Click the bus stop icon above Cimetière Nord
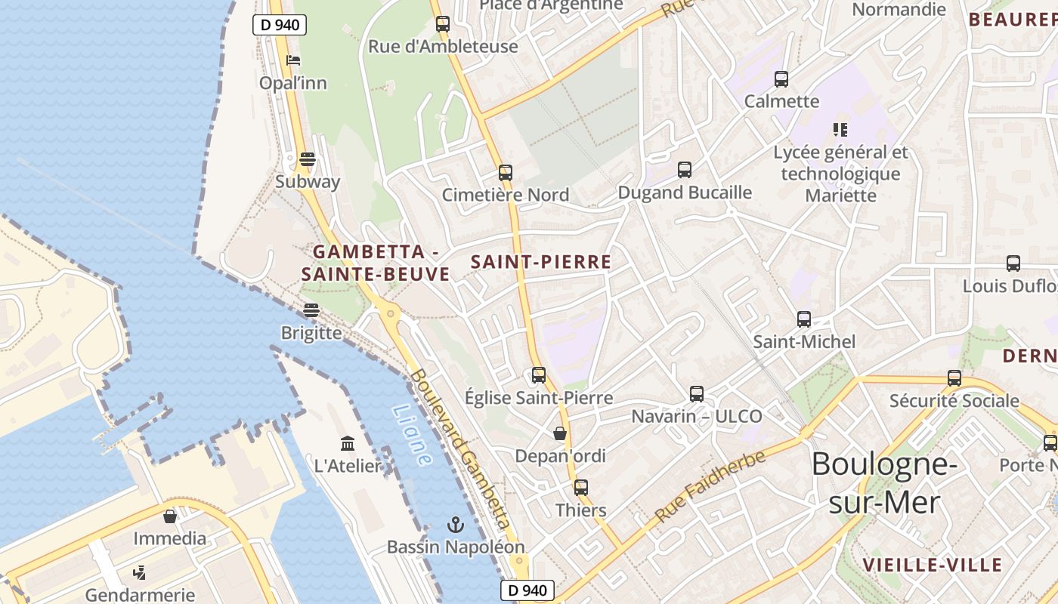pos(506,173)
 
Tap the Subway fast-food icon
pos(308,159)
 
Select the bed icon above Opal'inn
pos(293,60)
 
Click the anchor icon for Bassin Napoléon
pos(455,524)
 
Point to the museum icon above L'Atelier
pos(348,443)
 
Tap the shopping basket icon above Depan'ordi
pos(560,433)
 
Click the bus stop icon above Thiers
pos(580,488)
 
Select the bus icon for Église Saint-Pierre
pos(539,374)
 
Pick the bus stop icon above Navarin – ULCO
pos(697,393)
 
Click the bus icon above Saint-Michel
pos(804,319)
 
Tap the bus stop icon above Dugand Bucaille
pos(685,170)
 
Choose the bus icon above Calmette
pos(781,79)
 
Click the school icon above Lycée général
pos(840,130)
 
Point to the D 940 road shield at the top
pos(280,25)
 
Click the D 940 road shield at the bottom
pos(527,590)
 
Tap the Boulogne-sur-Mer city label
pos(884,483)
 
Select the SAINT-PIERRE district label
pos(541,262)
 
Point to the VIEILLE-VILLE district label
pos(933,565)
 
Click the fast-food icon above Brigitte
pos(311,310)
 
